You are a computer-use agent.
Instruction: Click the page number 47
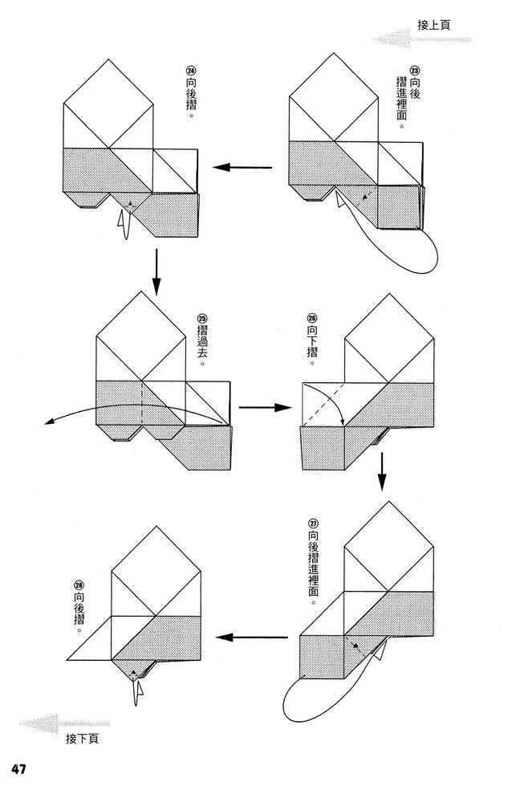tap(18, 769)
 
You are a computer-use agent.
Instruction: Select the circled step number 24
tap(189, 71)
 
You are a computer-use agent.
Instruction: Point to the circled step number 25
tap(201, 318)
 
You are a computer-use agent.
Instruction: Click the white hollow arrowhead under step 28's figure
tap(140, 691)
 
